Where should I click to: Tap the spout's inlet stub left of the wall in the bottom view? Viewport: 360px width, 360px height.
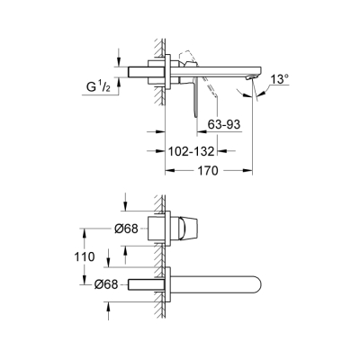tap(143, 286)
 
